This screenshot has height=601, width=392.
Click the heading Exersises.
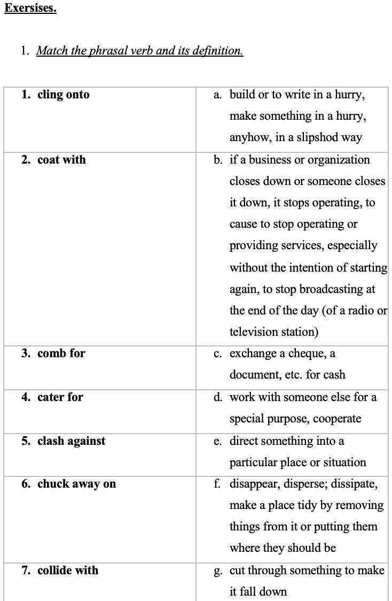pyautogui.click(x=30, y=9)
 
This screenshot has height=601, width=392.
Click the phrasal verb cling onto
pyautogui.click(x=63, y=95)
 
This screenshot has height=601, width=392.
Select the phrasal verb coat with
pyautogui.click(x=61, y=160)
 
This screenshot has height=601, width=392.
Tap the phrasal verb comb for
pyautogui.click(x=61, y=353)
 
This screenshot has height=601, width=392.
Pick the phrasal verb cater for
pyautogui.click(x=60, y=397)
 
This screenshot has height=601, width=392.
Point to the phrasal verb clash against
pyautogui.click(x=71, y=441)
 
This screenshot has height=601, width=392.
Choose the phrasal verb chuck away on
pyautogui.click(x=76, y=484)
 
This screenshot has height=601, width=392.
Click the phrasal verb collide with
pyautogui.click(x=68, y=571)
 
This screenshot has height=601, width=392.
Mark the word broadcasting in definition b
pyautogui.click(x=330, y=289)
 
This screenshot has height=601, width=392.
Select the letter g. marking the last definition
pyautogui.click(x=217, y=571)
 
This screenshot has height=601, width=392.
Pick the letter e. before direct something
pyautogui.click(x=217, y=441)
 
